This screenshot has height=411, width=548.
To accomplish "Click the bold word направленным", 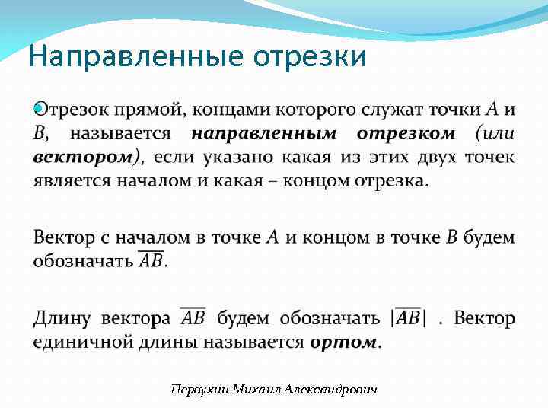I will click(x=263, y=134).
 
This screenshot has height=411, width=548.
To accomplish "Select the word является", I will click(x=68, y=181).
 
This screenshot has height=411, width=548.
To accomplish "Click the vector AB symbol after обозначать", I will click(x=151, y=260).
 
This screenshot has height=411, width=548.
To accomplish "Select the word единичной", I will click(x=79, y=341).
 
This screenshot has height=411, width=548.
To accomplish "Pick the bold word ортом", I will click(x=343, y=341).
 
